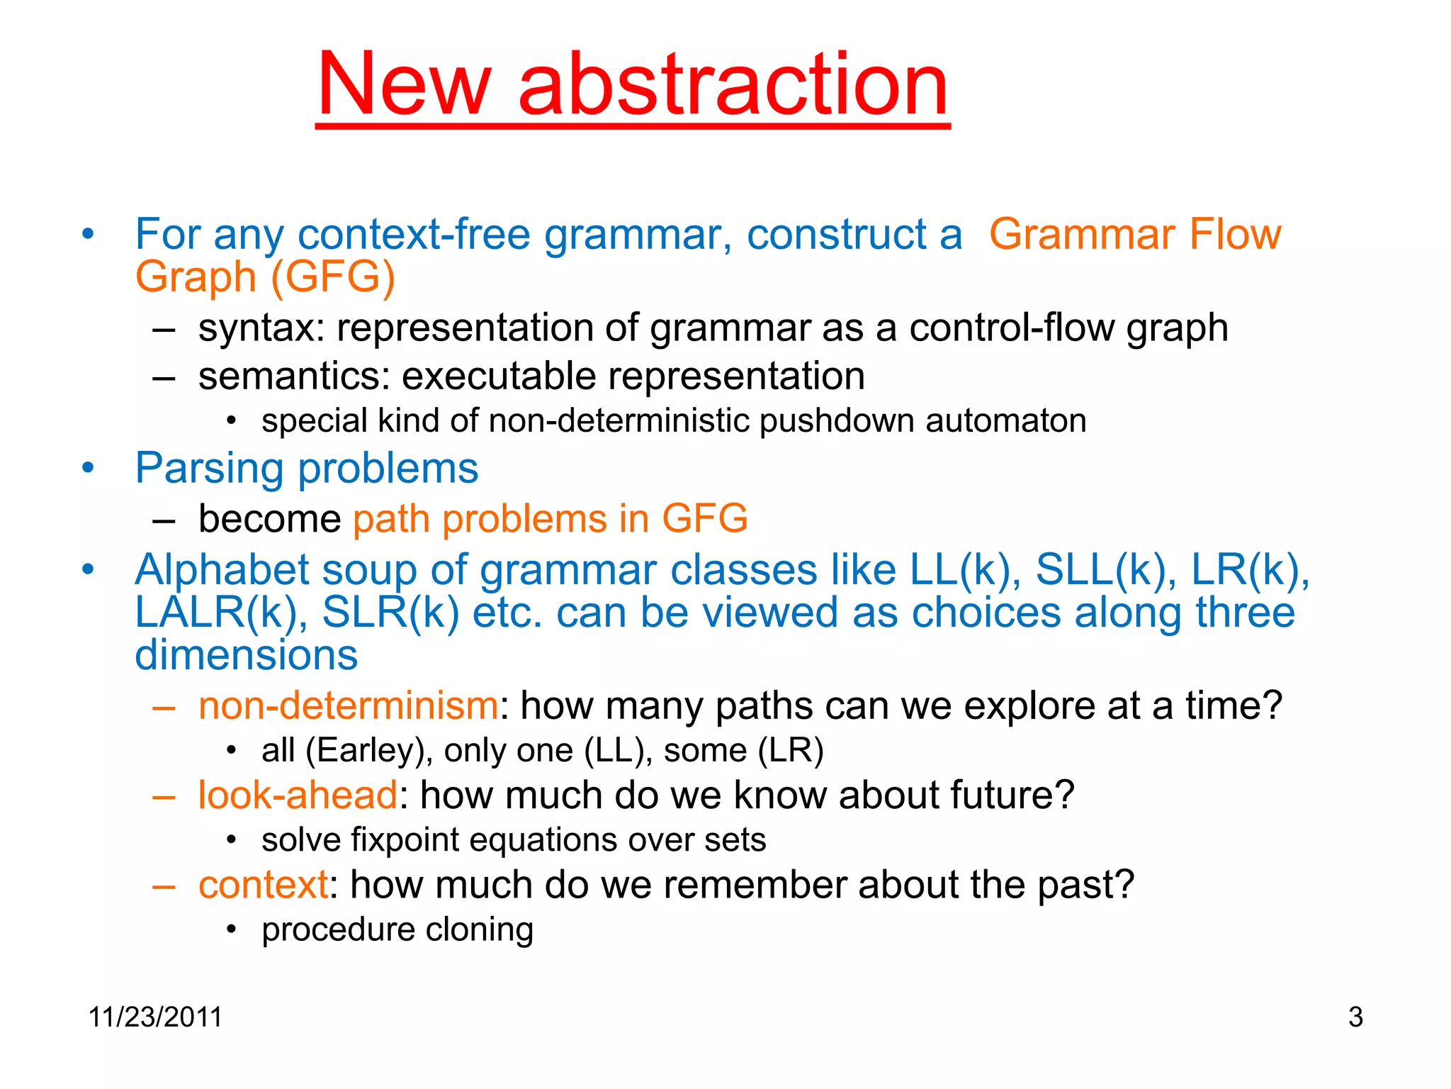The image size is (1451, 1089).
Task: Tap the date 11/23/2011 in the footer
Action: point(155,1017)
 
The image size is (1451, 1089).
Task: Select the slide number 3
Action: point(1355,1017)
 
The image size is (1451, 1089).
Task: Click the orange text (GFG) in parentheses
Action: point(333,277)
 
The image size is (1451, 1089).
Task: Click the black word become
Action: point(269,519)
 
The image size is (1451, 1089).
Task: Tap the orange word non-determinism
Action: point(348,706)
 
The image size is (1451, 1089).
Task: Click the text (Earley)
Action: point(368,751)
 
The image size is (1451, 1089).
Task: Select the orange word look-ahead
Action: point(298,795)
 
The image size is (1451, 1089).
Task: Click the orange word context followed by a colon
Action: point(263,886)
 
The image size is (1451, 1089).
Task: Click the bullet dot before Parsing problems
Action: point(88,469)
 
